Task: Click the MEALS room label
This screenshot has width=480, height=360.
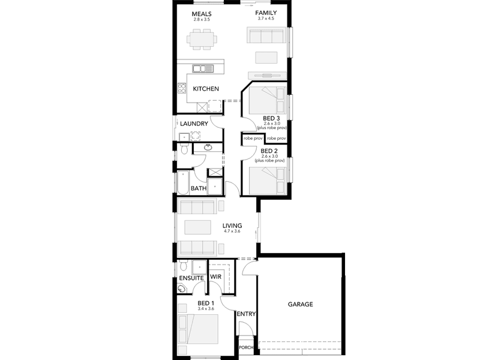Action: tap(202, 14)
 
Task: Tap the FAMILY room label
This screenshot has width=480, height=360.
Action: tap(266, 13)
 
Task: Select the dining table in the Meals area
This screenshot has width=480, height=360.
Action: tap(202, 39)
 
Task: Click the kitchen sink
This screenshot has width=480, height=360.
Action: tap(203, 68)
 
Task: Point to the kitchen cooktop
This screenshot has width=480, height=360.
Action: tap(182, 88)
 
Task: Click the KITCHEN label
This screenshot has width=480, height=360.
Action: tap(206, 89)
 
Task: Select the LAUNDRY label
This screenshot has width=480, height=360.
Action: tap(194, 124)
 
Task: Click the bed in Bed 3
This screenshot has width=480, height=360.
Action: tap(267, 100)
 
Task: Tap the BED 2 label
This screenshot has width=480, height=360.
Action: tap(269, 151)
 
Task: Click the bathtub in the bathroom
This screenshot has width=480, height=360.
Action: tap(183, 182)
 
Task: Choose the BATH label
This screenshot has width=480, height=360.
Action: tap(199, 188)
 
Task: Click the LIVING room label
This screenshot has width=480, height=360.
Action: tap(232, 226)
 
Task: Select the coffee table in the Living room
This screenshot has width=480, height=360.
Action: tap(198, 227)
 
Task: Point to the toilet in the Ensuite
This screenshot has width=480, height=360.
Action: tap(183, 266)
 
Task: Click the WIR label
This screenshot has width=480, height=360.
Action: tap(215, 277)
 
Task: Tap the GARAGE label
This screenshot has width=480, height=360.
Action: tap(301, 304)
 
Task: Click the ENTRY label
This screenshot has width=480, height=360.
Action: tap(246, 314)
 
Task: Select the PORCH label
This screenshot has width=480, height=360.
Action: tap(246, 347)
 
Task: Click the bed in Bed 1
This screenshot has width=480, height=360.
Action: tap(198, 329)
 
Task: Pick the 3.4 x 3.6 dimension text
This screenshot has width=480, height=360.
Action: tap(206, 308)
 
